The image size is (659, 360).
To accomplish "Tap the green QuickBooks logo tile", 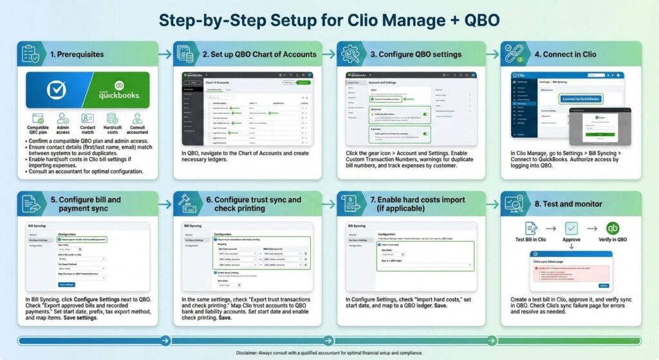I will (x=118, y=90).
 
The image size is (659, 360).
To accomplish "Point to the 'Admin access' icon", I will (x=63, y=119).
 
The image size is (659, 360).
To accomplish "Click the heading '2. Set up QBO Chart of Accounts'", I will (x=259, y=54).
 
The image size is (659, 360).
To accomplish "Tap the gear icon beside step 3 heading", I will (x=351, y=54).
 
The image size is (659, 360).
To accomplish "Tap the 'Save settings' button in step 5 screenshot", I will (x=67, y=284).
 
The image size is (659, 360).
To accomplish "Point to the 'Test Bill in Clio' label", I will (x=531, y=240).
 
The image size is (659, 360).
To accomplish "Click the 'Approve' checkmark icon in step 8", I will (x=571, y=228).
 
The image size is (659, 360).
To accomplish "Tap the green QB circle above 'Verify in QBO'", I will (x=612, y=228).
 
